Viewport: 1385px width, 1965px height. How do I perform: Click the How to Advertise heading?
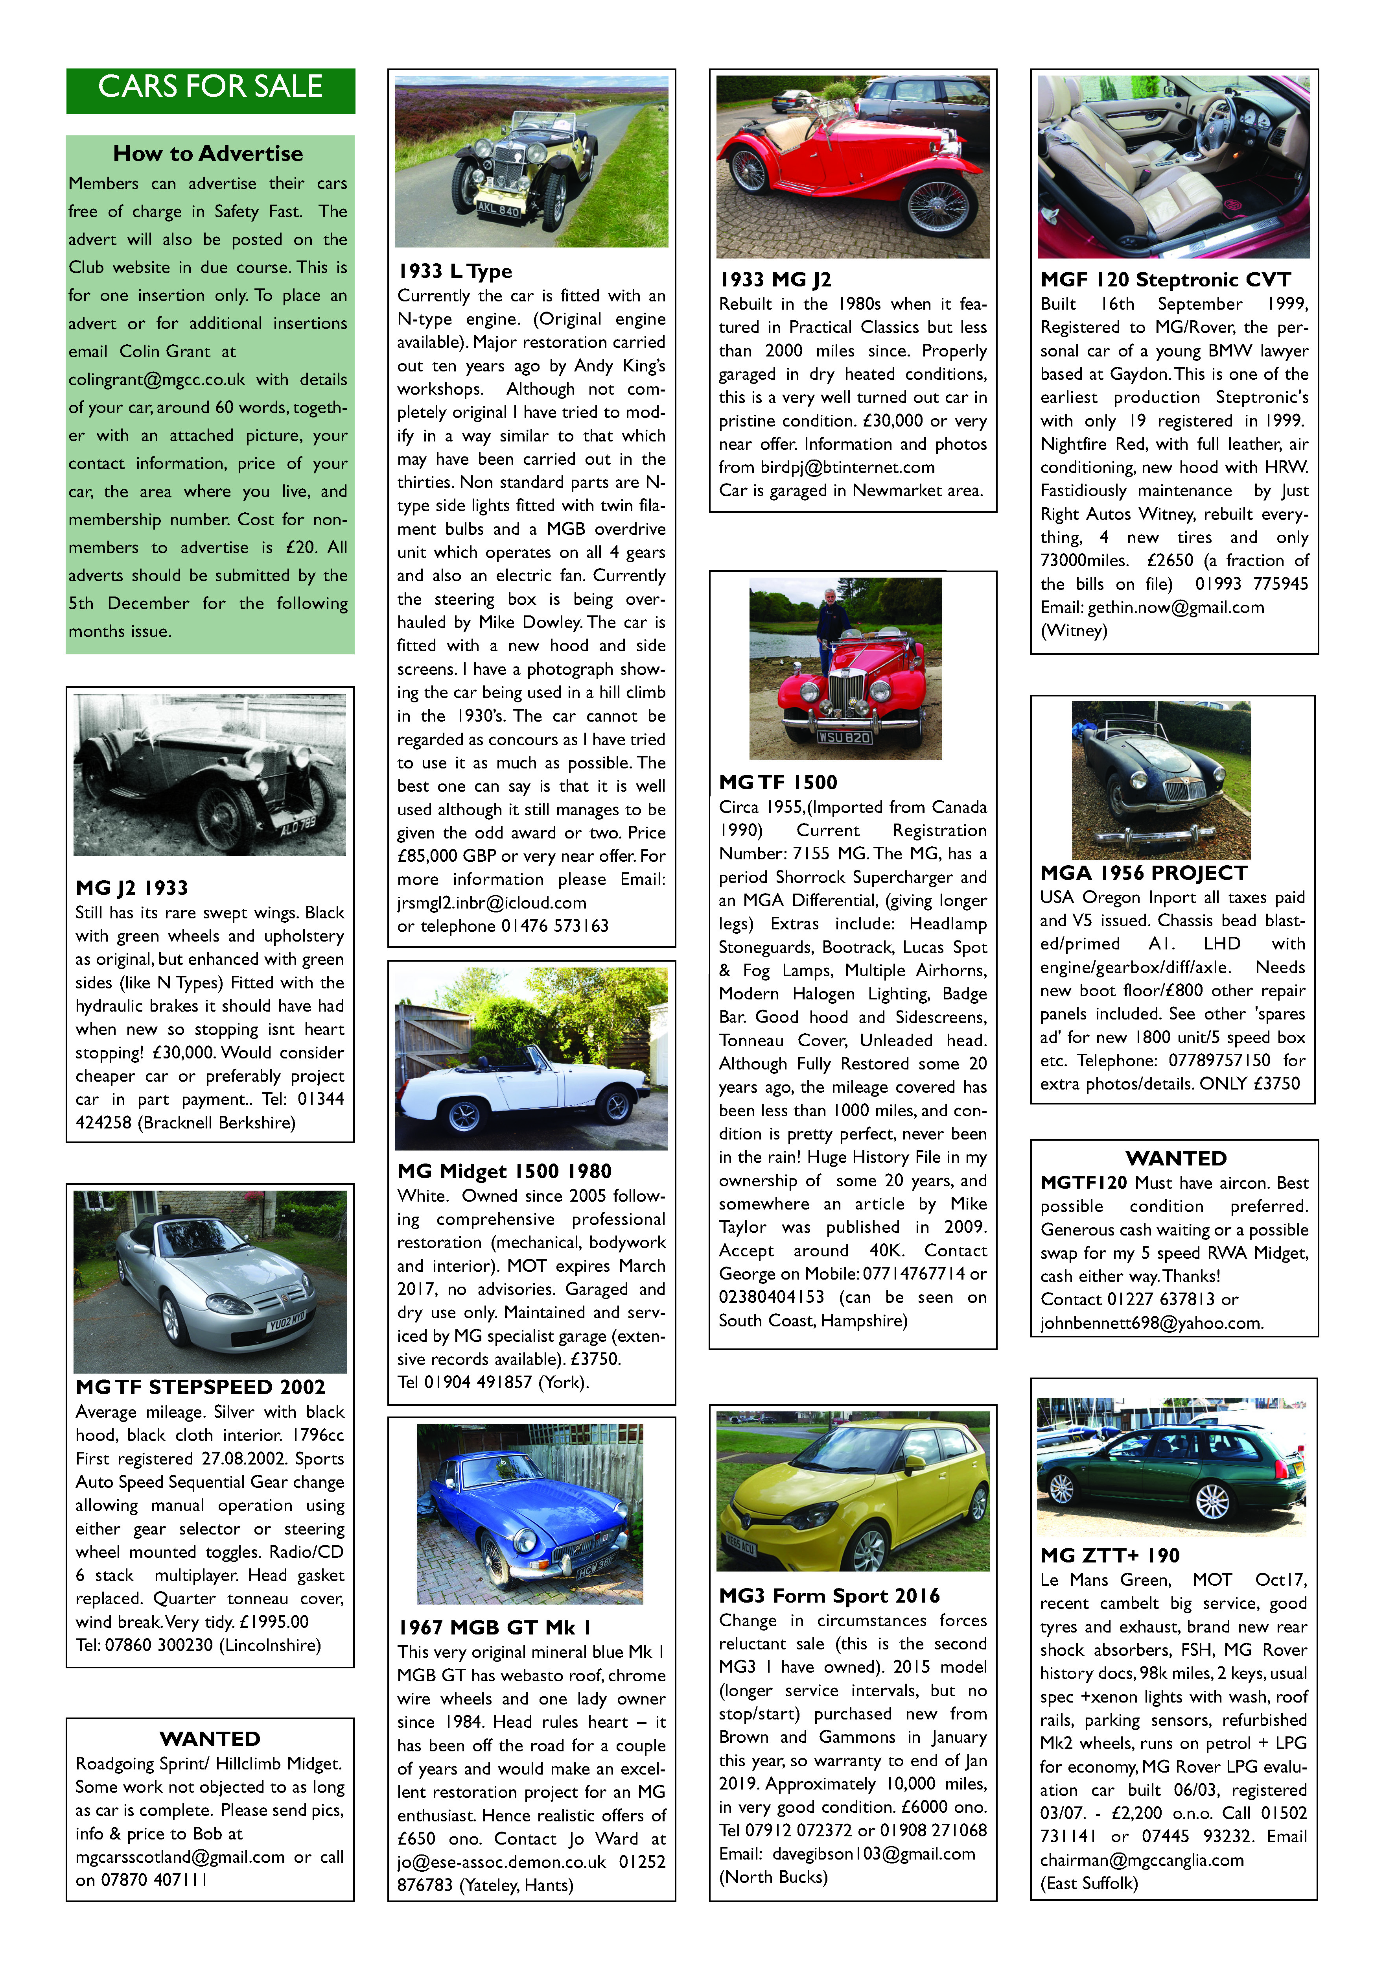click(208, 154)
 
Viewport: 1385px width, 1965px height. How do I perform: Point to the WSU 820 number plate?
click(844, 737)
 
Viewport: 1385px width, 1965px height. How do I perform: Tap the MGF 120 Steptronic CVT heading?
click(1165, 280)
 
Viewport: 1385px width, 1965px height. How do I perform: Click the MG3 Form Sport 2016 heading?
click(829, 1596)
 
